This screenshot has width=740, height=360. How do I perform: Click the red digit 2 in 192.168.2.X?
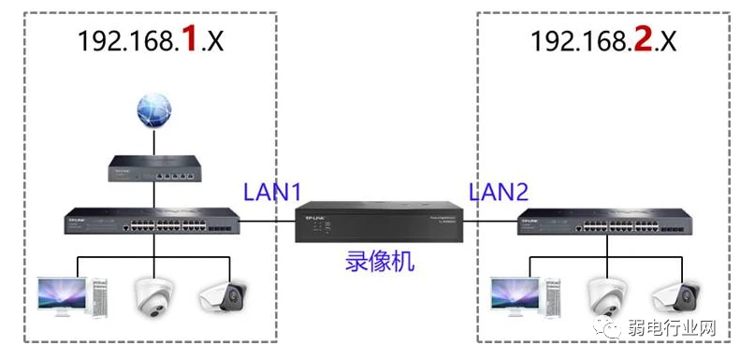pyautogui.click(x=644, y=41)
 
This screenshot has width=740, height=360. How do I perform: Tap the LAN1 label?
pyautogui.click(x=272, y=193)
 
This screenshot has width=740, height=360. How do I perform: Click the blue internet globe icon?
pyautogui.click(x=155, y=114)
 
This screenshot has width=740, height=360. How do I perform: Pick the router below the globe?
pyautogui.click(x=155, y=169)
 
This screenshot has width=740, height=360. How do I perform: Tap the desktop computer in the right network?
pyautogui.click(x=520, y=295)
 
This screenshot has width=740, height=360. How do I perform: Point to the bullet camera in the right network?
pyautogui.click(x=677, y=295)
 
